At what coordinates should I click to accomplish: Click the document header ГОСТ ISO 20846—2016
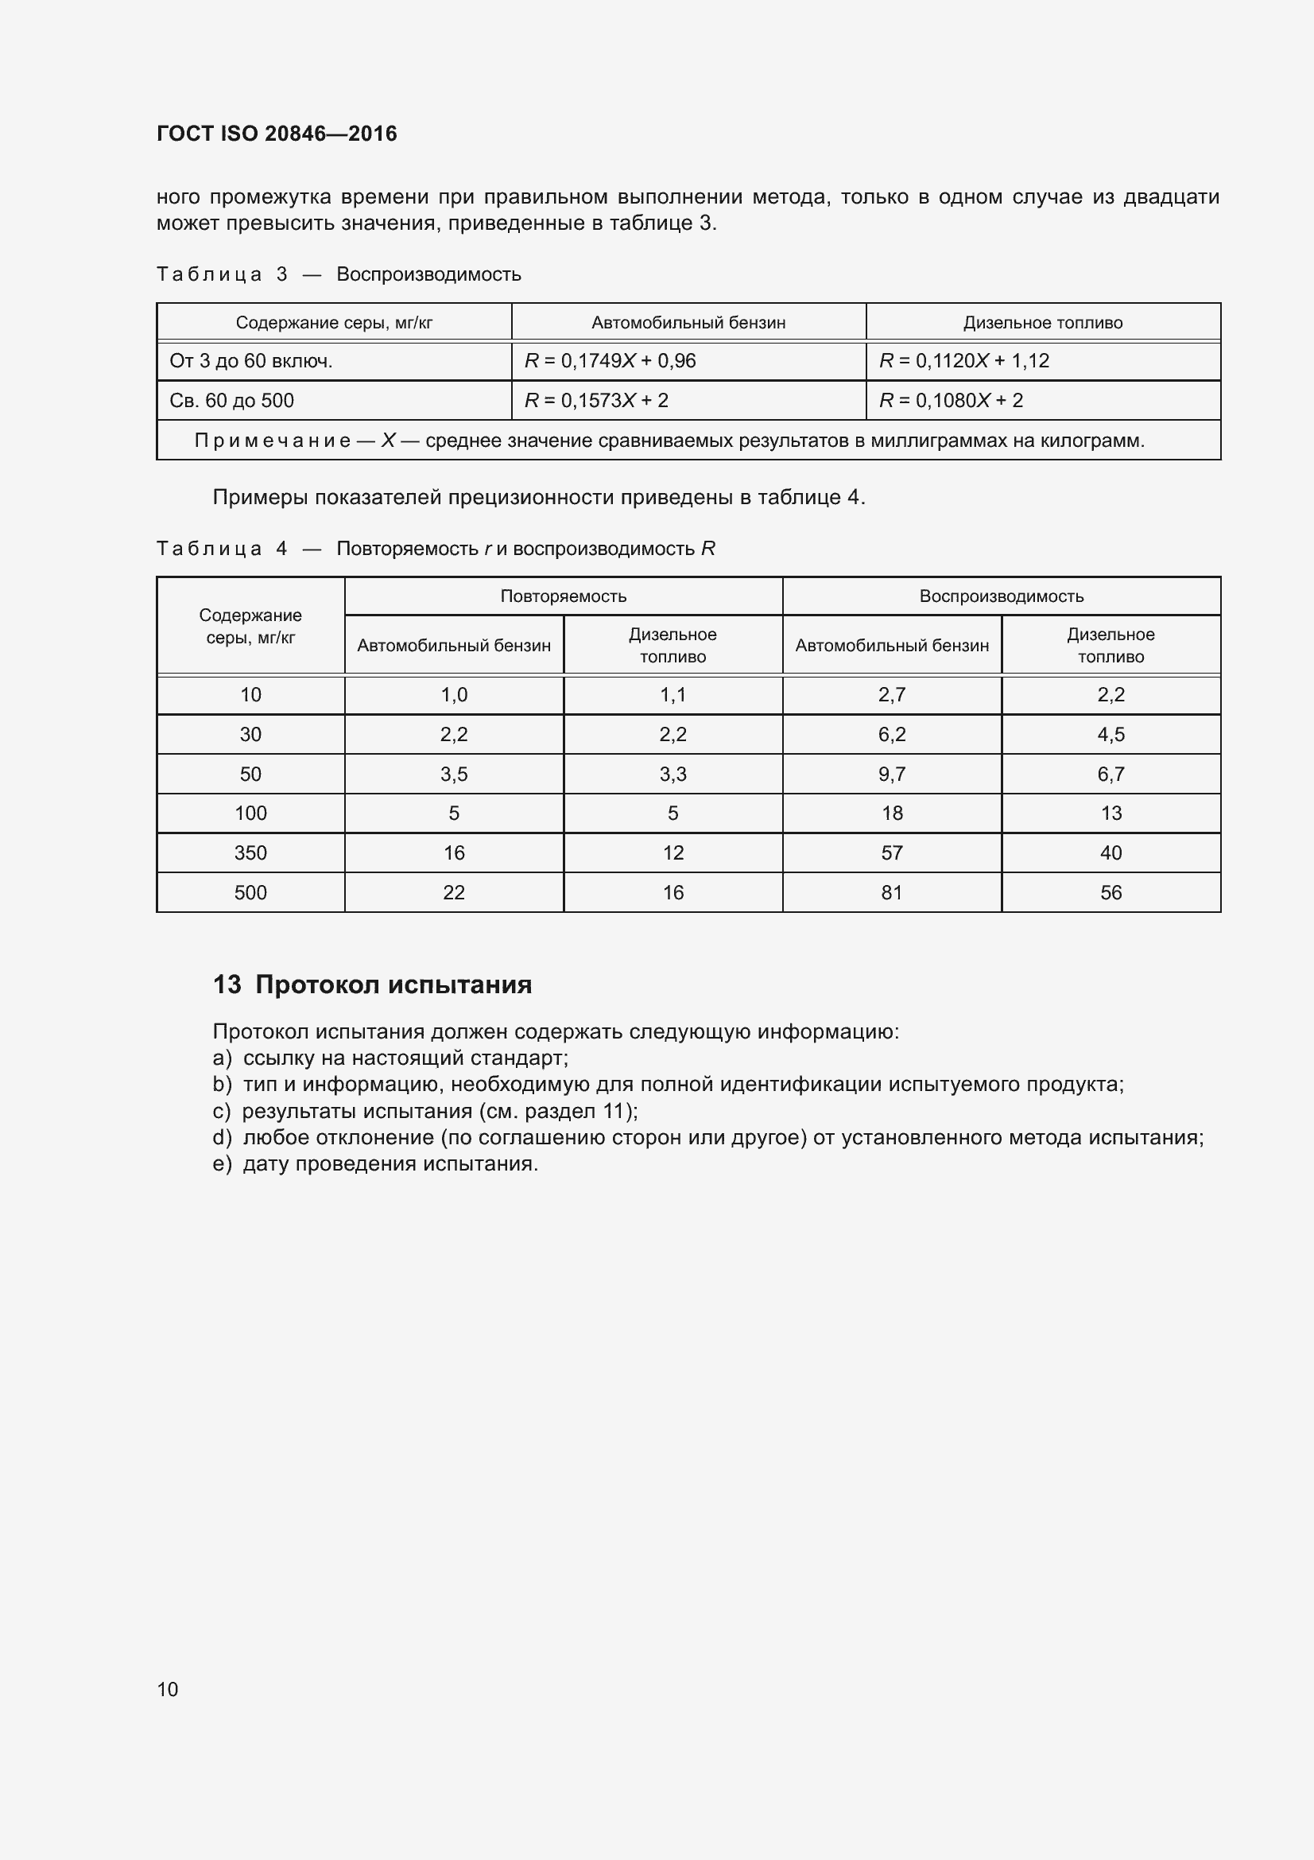276,134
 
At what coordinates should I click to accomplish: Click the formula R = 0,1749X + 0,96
610,361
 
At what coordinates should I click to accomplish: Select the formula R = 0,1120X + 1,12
963,361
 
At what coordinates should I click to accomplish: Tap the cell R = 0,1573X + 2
596,401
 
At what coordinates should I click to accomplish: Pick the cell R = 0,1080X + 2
951,401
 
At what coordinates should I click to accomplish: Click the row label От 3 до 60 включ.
251,361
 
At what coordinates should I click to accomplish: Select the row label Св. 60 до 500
231,401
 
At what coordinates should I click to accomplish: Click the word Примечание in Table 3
272,441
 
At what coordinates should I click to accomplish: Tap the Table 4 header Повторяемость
563,596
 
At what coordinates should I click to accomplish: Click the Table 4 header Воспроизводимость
1001,596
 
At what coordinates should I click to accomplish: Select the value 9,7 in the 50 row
891,775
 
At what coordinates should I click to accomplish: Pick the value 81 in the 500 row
891,893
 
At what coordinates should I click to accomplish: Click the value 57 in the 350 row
891,853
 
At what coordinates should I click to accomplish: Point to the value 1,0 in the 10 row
453,695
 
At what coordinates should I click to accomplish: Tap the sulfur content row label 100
250,814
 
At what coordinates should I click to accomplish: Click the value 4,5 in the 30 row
1110,735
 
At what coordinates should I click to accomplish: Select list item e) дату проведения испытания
375,1164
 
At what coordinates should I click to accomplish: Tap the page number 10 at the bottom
168,1689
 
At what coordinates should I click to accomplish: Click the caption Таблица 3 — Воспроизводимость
339,274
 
